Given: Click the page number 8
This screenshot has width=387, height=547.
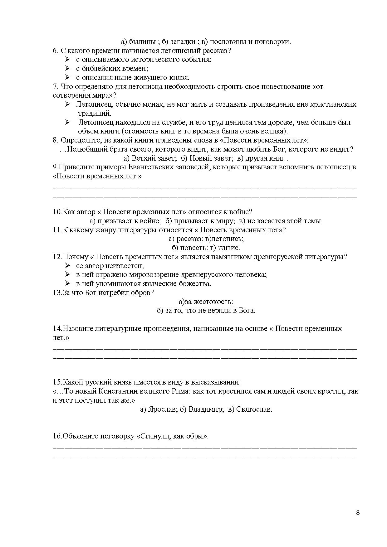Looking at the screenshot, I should [358, 512].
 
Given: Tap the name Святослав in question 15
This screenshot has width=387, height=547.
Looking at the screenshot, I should [254, 409].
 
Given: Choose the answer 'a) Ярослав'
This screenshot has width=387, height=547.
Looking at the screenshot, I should [158, 409].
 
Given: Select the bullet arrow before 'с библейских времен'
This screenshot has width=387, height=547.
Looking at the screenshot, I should [68, 68].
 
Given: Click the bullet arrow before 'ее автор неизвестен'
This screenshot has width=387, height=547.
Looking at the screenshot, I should [68, 266].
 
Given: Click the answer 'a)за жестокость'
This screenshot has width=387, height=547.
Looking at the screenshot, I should [206, 302].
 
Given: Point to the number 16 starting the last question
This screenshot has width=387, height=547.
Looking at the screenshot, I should [57, 436].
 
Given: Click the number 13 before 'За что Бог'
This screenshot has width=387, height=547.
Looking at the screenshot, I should [57, 293].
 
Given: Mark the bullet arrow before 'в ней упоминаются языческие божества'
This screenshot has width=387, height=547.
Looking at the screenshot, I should [68, 283].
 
